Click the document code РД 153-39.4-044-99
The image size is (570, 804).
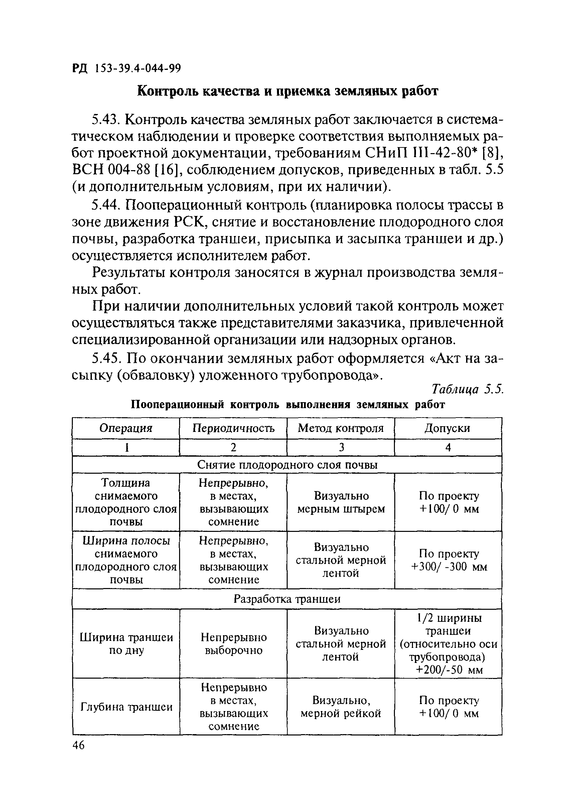tap(126, 69)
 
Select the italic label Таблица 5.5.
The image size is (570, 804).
tap(467, 389)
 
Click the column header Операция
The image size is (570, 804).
tap(126, 428)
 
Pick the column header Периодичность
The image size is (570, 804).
tap(234, 428)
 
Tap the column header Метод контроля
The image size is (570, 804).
tap(340, 428)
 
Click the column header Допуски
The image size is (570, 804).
tap(447, 428)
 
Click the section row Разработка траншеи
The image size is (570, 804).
tap(287, 599)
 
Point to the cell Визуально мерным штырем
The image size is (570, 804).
tap(341, 502)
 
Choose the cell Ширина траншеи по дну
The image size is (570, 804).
tap(126, 644)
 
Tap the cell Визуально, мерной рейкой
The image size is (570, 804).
tap(341, 707)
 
